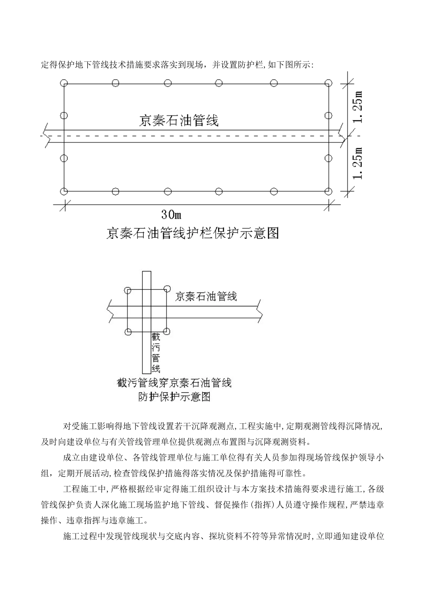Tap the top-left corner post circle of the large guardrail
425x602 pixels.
click(64, 83)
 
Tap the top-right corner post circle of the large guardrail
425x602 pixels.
click(329, 83)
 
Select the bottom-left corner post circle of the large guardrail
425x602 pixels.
click(64, 192)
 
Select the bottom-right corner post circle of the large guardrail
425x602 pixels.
click(329, 192)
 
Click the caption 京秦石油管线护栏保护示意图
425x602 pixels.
click(192, 233)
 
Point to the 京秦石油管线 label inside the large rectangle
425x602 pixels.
click(179, 121)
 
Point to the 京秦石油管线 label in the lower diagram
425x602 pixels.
click(206, 296)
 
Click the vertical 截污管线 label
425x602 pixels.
click(156, 353)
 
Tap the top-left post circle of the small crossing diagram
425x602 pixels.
click(128, 290)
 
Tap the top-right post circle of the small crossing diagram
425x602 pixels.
click(167, 289)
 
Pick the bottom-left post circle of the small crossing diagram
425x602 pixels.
click(128, 332)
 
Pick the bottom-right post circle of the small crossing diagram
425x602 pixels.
click(167, 331)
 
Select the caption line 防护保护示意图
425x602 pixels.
click(174, 396)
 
